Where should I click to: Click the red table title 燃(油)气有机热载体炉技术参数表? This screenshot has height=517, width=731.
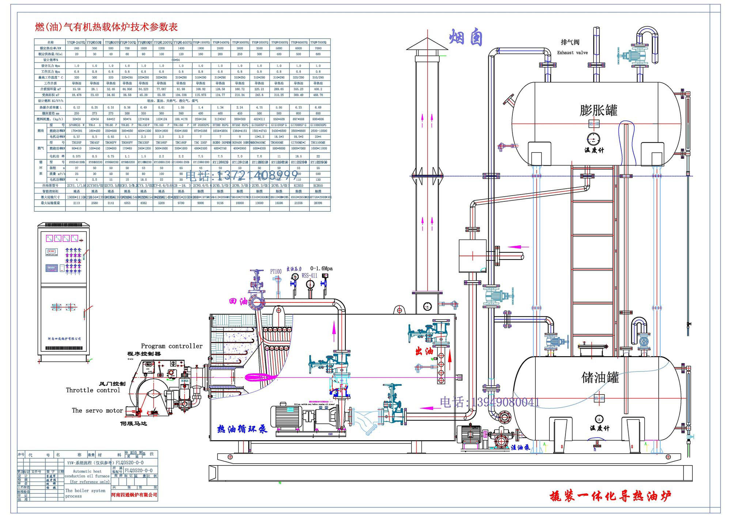pyautogui.click(x=106, y=27)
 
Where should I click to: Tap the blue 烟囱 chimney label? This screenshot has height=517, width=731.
pyautogui.click(x=466, y=37)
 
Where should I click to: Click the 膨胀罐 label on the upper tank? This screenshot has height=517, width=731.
pyautogui.click(x=598, y=110)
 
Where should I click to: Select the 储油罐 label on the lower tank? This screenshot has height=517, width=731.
pyautogui.click(x=600, y=377)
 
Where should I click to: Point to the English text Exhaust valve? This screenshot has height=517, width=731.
pyautogui.click(x=572, y=53)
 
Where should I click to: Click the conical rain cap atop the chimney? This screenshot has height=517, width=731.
pyautogui.click(x=427, y=45)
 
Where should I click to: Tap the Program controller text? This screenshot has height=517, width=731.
pyautogui.click(x=171, y=346)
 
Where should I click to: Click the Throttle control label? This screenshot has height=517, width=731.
pyautogui.click(x=93, y=390)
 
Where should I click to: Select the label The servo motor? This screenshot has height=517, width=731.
pyautogui.click(x=97, y=411)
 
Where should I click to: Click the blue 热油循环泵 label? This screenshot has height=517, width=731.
pyautogui.click(x=242, y=429)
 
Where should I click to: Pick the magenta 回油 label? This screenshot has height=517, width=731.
pyautogui.click(x=238, y=302)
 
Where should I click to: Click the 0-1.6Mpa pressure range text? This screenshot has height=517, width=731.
pyautogui.click(x=321, y=268)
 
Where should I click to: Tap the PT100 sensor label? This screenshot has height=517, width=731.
pyautogui.click(x=276, y=271)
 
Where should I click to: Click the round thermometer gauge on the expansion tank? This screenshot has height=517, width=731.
pyautogui.click(x=594, y=139)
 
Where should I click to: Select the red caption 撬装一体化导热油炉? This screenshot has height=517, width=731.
pyautogui.click(x=610, y=496)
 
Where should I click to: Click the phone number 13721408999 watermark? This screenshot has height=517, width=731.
pyautogui.click(x=242, y=176)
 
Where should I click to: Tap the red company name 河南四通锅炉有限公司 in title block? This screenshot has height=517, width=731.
pyautogui.click(x=134, y=495)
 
